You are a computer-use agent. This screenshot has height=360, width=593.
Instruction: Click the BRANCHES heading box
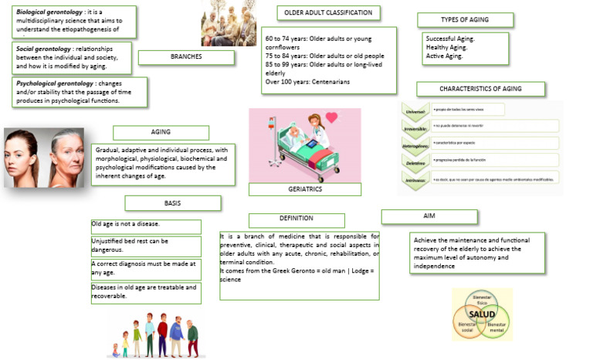(186, 56)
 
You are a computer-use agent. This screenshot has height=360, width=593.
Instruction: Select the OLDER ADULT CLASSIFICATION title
(329, 12)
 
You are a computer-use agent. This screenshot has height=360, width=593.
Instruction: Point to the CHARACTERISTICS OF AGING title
(480, 89)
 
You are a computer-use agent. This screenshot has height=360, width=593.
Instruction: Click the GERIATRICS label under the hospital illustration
(304, 188)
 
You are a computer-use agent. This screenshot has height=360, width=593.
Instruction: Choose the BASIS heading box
(172, 202)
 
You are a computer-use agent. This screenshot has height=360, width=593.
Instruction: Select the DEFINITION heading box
(296, 220)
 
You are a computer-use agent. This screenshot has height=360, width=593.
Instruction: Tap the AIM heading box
(429, 216)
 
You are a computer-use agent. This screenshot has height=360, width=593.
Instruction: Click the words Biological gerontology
(49, 12)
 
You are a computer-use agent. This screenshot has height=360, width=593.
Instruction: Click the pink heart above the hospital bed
(330, 118)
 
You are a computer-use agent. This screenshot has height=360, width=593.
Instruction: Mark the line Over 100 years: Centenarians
(307, 81)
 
